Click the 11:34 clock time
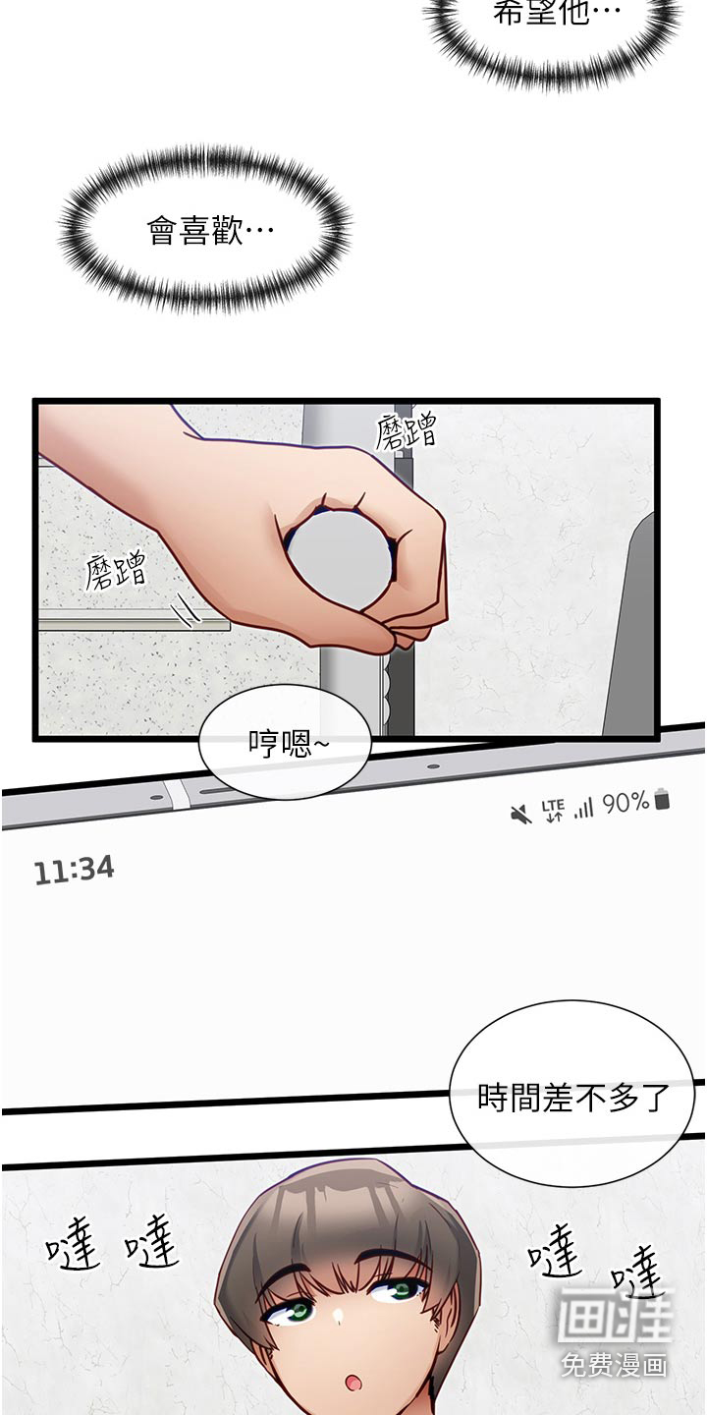click(x=75, y=870)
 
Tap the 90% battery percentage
click(x=625, y=803)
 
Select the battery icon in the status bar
click(x=662, y=799)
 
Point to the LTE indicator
click(x=553, y=810)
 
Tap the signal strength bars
click(x=584, y=808)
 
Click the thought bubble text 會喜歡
click(x=209, y=231)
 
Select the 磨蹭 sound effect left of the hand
click(x=116, y=571)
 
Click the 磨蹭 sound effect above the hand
click(x=406, y=432)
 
